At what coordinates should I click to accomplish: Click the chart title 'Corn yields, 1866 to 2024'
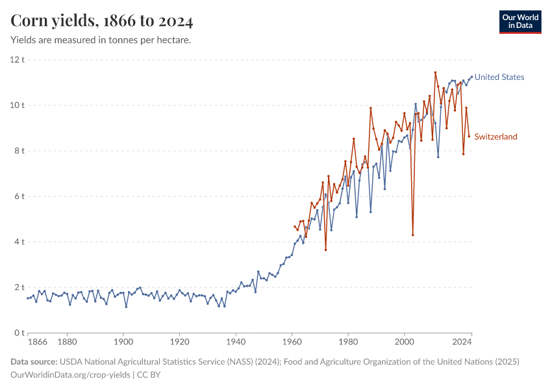pyautogui.click(x=102, y=21)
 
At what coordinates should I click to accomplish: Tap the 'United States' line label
pyautogui.click(x=499, y=77)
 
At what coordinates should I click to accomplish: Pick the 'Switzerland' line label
pyautogui.click(x=496, y=136)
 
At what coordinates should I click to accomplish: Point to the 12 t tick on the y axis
pyautogui.click(x=17, y=60)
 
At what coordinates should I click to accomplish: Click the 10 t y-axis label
pyautogui.click(x=17, y=105)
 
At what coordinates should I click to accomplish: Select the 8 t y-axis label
pyautogui.click(x=19, y=151)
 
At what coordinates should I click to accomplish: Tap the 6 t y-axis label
pyautogui.click(x=19, y=196)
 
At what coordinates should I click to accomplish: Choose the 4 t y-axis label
pyautogui.click(x=19, y=242)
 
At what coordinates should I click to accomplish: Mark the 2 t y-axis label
pyautogui.click(x=19, y=287)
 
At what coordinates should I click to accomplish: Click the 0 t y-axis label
pyautogui.click(x=19, y=333)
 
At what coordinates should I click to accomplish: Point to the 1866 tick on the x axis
pyautogui.click(x=38, y=341)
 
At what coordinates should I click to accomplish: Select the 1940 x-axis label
pyautogui.click(x=236, y=341)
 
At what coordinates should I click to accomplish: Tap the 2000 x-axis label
pyautogui.click(x=404, y=341)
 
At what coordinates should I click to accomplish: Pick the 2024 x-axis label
pyautogui.click(x=462, y=341)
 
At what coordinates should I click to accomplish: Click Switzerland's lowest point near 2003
pyautogui.click(x=412, y=235)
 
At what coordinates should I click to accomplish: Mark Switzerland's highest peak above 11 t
pyautogui.click(x=435, y=72)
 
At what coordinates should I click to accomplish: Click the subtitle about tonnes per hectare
pyautogui.click(x=101, y=40)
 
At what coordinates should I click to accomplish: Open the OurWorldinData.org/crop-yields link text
pyautogui.click(x=71, y=374)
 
